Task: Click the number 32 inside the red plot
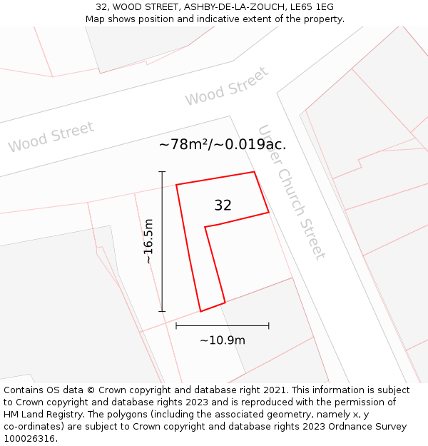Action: click(x=223, y=206)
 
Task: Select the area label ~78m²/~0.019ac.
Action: click(x=223, y=145)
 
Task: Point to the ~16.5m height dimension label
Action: click(x=148, y=241)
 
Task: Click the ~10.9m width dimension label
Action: click(x=223, y=340)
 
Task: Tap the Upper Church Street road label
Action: click(x=292, y=193)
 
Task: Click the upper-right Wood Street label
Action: click(x=227, y=86)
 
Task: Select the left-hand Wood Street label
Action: click(x=51, y=137)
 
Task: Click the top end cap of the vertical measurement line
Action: click(x=162, y=172)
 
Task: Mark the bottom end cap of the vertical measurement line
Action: click(x=162, y=311)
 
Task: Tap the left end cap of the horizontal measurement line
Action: click(x=176, y=325)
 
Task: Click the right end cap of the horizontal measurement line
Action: click(x=269, y=325)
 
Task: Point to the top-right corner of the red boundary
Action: click(x=254, y=172)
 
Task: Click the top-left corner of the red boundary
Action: click(x=176, y=185)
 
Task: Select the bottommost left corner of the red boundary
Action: click(x=200, y=311)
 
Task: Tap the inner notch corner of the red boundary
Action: click(x=205, y=227)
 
